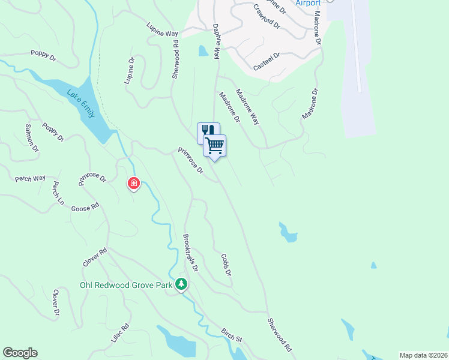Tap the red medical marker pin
coord(133,183)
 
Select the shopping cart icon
coord(214,145)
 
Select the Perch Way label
coord(31,178)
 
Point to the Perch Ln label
coord(58,193)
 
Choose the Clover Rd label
coord(95,257)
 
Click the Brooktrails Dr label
coord(191,252)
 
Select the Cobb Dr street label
coord(226,264)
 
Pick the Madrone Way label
coord(247,107)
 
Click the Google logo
coord(20,353)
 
